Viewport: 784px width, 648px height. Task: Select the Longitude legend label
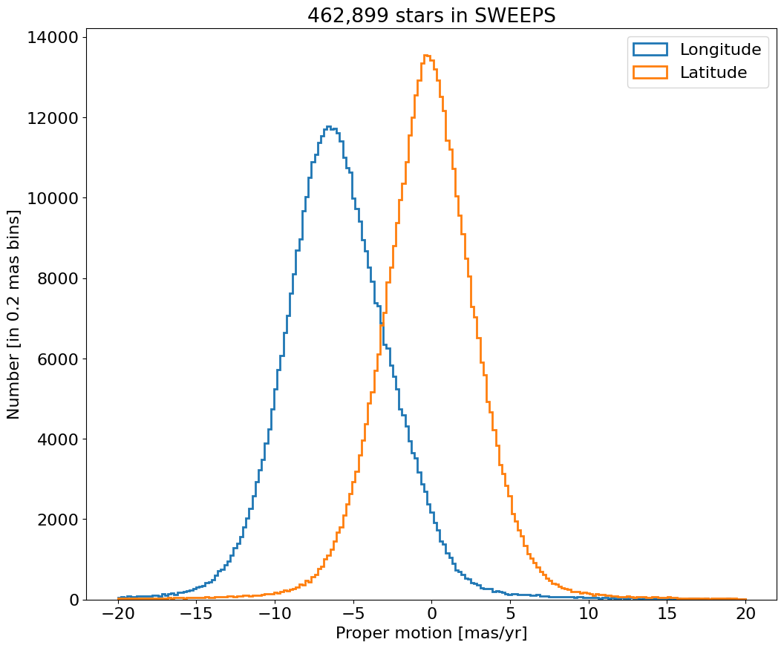click(720, 50)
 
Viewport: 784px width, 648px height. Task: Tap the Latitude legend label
click(713, 73)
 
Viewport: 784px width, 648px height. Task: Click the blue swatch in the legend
click(650, 50)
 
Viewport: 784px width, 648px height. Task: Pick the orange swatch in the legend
click(650, 73)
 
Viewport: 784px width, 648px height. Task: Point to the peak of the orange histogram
click(427, 55)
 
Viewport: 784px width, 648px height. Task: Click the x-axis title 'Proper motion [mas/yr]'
click(431, 633)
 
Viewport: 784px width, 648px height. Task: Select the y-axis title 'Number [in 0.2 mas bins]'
click(14, 314)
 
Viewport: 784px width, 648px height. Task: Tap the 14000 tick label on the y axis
click(54, 38)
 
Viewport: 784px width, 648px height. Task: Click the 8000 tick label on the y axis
click(59, 279)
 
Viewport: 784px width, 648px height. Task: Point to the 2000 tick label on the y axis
click(59, 520)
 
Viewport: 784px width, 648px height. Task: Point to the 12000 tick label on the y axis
click(54, 118)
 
